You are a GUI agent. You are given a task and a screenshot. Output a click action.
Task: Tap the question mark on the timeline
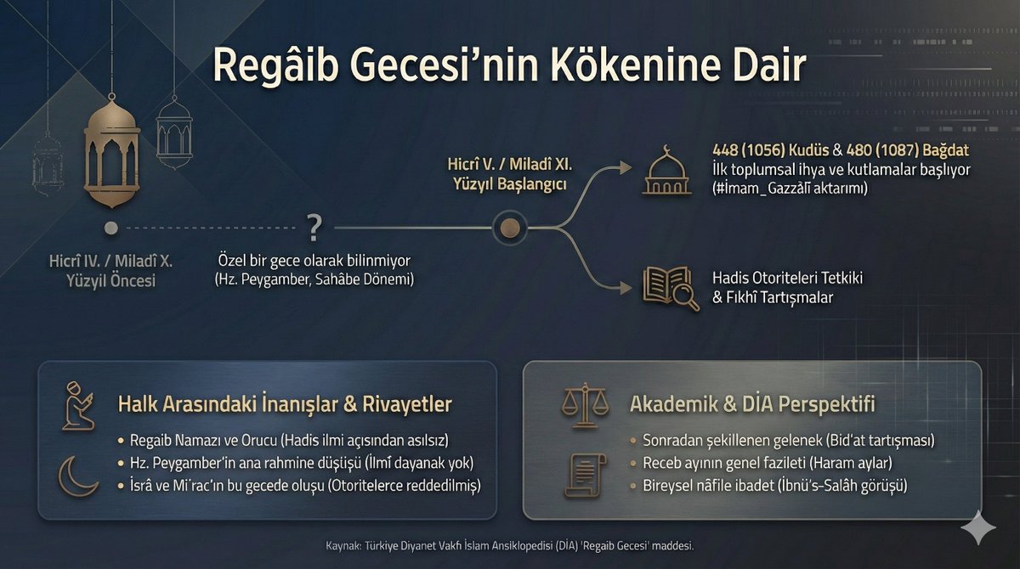[x=314, y=227]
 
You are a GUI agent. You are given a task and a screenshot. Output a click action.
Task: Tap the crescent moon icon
[x=77, y=476]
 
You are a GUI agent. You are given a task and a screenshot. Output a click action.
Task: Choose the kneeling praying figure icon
[x=78, y=406]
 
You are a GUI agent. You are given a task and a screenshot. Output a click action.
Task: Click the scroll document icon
[x=586, y=474]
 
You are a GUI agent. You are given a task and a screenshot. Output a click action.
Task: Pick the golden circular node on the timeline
[x=509, y=228]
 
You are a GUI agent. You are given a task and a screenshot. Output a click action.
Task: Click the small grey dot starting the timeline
[x=110, y=228]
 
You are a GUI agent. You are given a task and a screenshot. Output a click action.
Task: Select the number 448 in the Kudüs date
[x=729, y=150]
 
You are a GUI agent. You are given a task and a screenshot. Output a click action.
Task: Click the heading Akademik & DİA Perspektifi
[x=752, y=403]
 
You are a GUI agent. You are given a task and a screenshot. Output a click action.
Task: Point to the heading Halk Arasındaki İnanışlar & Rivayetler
[x=285, y=404]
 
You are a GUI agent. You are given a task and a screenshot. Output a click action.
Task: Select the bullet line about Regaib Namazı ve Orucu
[x=290, y=442]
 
